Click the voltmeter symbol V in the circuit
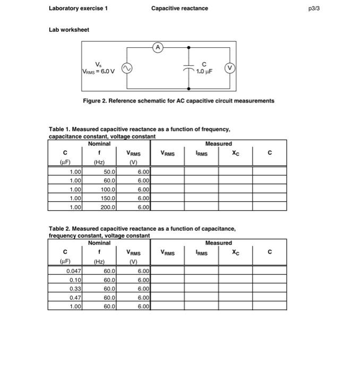(229, 67)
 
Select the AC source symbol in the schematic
(126, 68)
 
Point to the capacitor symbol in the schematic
(190, 68)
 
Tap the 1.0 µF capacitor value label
(205, 71)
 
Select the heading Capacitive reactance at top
(179, 8)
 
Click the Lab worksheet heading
(69, 30)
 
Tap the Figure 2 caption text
(179, 100)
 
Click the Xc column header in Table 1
(236, 153)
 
